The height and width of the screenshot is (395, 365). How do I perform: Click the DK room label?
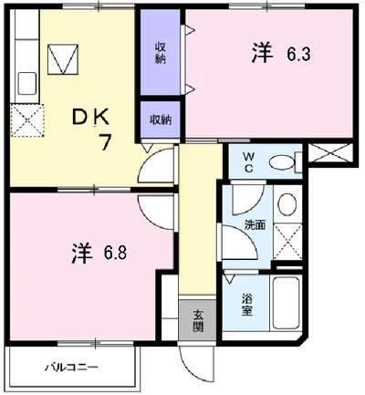point(90,118)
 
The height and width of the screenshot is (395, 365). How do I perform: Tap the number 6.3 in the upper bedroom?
point(297,55)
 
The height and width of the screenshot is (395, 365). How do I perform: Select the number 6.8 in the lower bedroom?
point(115,253)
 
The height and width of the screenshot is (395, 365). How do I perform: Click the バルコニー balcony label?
point(72,368)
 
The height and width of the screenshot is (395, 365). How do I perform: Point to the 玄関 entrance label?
point(197,321)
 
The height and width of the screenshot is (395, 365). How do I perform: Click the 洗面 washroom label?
point(255,225)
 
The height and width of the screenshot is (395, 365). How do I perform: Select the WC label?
point(248,162)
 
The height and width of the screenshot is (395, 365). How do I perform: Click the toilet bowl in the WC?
point(282,163)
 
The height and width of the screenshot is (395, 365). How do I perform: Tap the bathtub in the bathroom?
point(286,303)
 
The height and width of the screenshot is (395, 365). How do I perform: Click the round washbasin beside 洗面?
point(287,204)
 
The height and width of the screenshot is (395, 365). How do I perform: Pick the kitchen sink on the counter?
point(27,84)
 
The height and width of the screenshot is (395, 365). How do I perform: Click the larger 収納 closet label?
point(161,53)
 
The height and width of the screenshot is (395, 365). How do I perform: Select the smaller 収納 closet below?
point(161,120)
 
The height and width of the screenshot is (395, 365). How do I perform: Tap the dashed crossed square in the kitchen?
point(27,120)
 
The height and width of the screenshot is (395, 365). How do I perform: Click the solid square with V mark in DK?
point(63,59)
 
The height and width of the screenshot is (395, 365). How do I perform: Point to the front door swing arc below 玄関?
point(193,371)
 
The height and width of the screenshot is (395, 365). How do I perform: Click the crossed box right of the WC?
point(330,153)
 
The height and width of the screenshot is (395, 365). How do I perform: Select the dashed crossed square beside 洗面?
point(287,242)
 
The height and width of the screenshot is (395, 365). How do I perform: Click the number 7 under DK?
point(105,142)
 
